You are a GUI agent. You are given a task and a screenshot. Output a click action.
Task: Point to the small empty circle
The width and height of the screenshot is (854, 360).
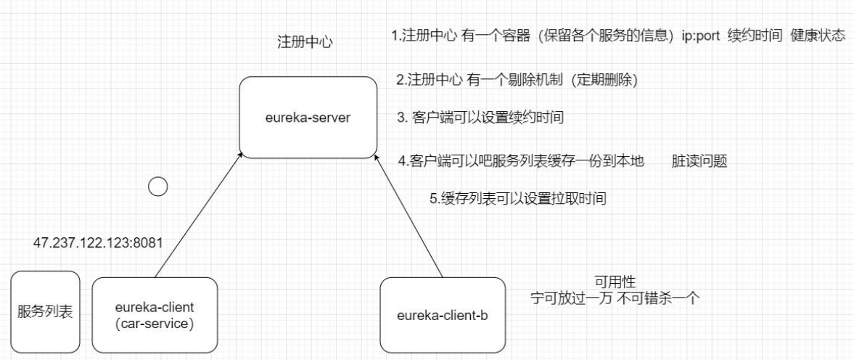[157, 187]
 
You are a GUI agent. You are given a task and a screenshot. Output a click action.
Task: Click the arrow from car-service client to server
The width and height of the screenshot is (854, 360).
[197, 218]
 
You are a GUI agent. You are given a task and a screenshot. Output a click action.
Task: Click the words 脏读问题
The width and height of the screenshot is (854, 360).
[699, 161]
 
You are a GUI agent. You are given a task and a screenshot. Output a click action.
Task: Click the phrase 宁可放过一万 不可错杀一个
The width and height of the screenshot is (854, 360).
[615, 298]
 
